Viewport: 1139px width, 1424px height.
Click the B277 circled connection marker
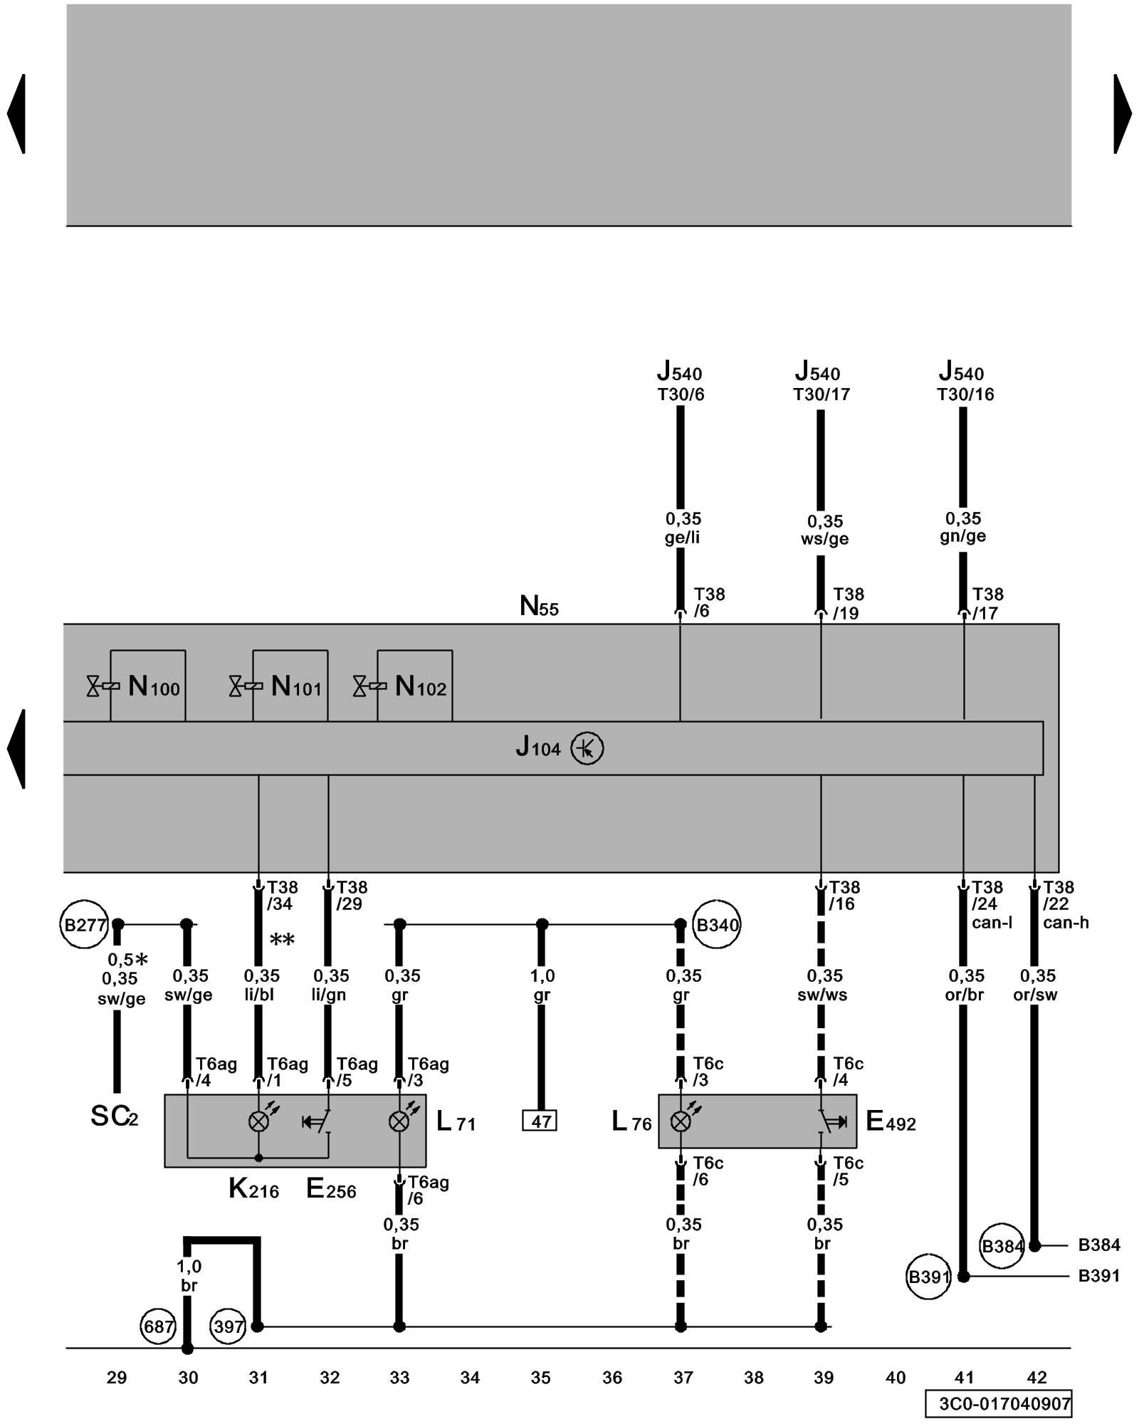point(85,925)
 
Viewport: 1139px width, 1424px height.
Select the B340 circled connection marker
point(717,925)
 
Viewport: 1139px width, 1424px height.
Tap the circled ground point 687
point(158,1326)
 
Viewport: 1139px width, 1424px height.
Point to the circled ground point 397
point(229,1326)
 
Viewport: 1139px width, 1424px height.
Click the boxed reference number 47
point(540,1121)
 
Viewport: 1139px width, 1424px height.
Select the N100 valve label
point(154,686)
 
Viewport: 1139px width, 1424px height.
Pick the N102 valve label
point(420,686)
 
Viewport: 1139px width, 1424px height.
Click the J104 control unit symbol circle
point(587,748)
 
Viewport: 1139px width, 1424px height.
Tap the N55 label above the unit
point(539,606)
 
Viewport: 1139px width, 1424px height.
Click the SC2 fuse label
point(114,1116)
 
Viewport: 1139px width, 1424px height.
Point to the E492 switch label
point(891,1121)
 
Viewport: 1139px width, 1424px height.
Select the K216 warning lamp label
point(253,1188)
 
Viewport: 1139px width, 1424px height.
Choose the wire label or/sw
point(1035,995)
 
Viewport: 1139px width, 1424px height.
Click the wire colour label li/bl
point(259,995)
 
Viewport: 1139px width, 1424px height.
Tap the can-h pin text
point(1066,923)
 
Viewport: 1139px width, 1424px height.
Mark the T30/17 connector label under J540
point(822,394)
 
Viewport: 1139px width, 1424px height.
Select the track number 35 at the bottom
point(540,1378)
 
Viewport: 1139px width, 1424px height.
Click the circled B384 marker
point(1002,1246)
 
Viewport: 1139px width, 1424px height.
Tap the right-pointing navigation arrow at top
point(1123,114)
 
